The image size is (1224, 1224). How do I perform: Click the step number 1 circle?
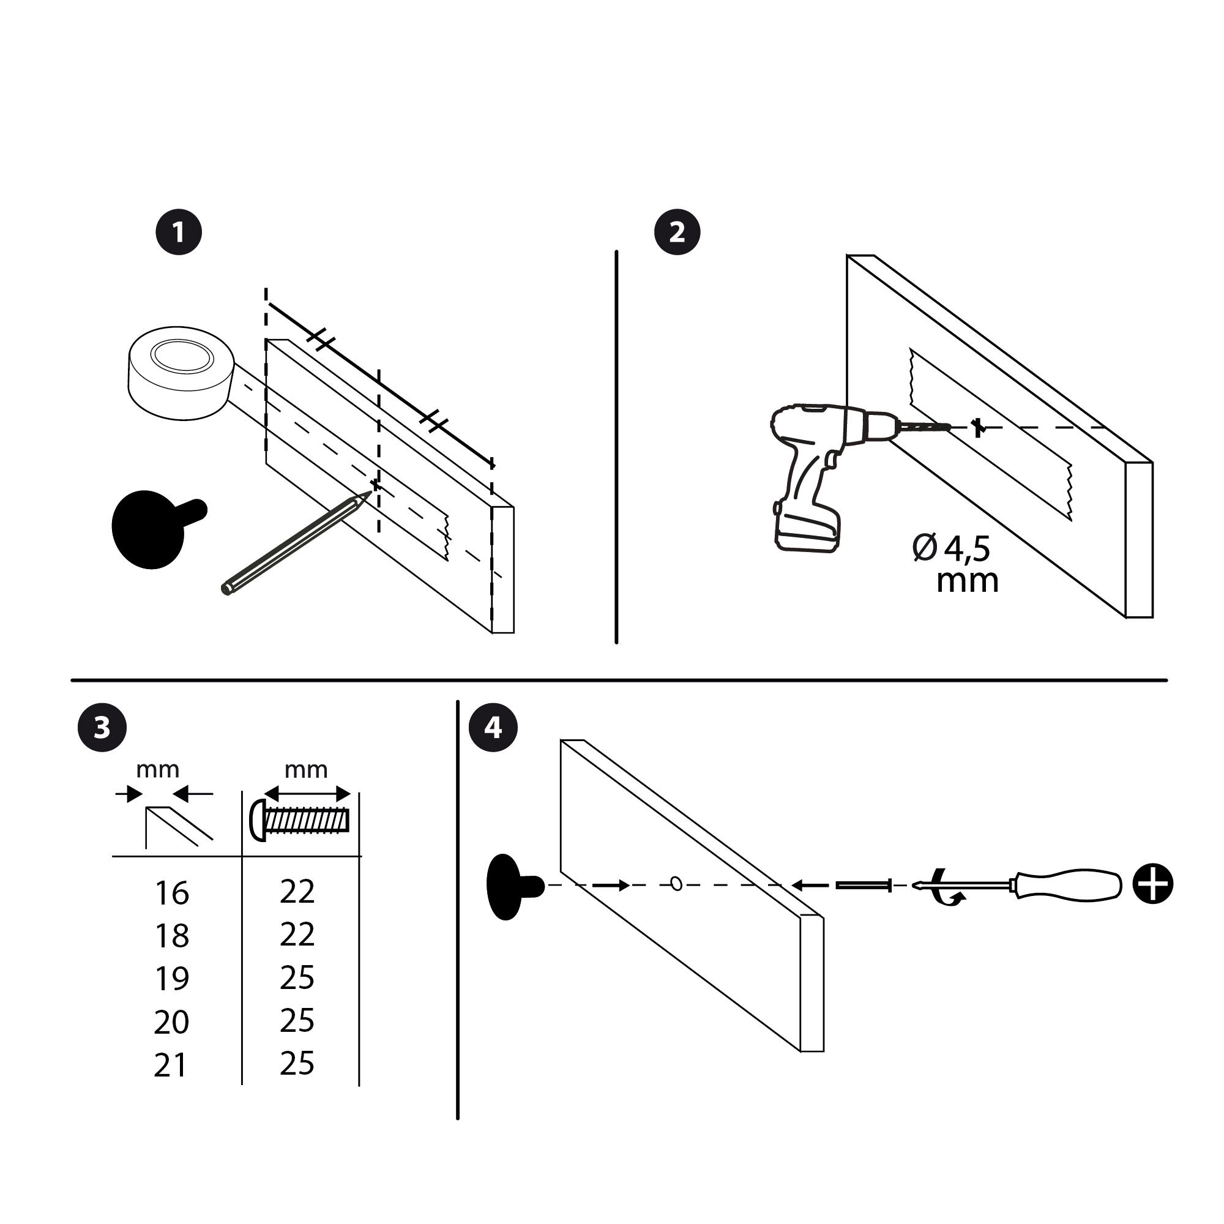[179, 233]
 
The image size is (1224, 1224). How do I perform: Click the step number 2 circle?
[677, 233]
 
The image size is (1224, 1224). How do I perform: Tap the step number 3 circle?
[102, 728]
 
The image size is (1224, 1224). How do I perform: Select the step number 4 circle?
[493, 728]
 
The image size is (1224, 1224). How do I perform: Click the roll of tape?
[181, 374]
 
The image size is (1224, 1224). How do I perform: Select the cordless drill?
[817, 469]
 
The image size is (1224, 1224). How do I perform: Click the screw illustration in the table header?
[301, 821]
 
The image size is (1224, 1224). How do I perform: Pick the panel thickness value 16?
[172, 894]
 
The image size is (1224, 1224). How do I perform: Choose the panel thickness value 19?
[172, 979]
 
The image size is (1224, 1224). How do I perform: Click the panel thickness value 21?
[170, 1065]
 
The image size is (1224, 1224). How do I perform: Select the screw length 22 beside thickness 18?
[297, 935]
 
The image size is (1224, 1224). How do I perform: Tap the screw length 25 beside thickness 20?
[297, 1021]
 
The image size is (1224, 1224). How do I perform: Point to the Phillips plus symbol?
[1152, 884]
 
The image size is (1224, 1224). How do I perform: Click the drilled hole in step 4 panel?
[676, 884]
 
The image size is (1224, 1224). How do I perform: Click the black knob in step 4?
[507, 886]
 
